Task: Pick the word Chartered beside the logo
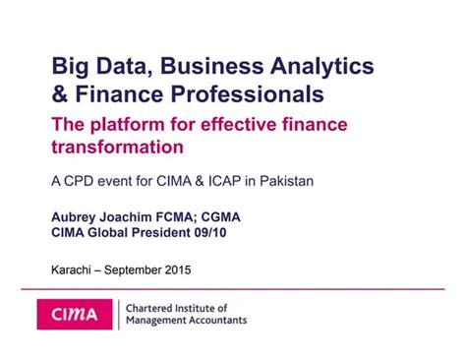coord(154,307)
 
